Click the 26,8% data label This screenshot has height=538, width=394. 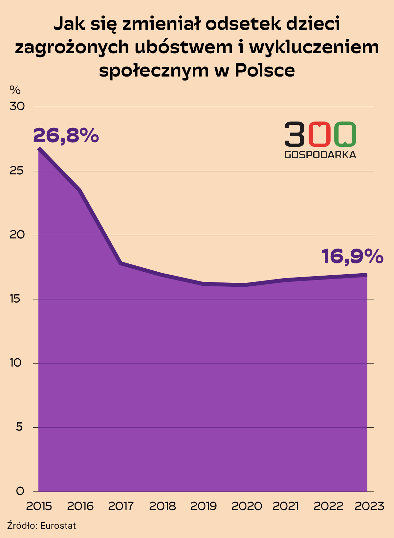click(x=66, y=135)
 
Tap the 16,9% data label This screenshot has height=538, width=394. click(x=352, y=256)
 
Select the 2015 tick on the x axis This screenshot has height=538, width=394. click(x=39, y=506)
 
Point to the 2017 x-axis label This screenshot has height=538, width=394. click(x=121, y=506)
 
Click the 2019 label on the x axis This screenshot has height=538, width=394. click(x=204, y=506)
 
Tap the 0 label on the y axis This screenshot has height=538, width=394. click(x=20, y=491)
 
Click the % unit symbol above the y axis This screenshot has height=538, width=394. click(x=15, y=90)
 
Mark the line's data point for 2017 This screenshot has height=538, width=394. click(x=121, y=263)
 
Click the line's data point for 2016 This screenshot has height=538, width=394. click(x=80, y=190)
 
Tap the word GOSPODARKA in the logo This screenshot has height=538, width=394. click(x=320, y=155)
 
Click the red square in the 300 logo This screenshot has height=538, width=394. click(x=319, y=134)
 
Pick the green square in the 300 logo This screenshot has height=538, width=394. click(x=345, y=134)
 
